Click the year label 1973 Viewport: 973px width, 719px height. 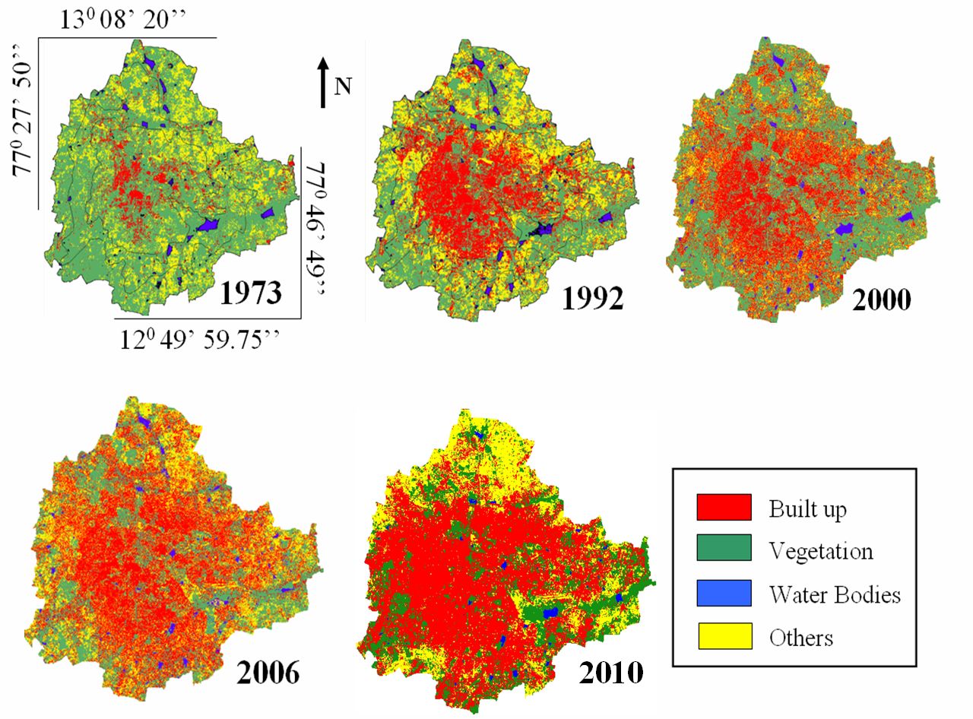[x=252, y=293]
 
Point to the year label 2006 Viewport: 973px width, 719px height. [x=268, y=672]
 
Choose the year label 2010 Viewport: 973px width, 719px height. [x=612, y=672]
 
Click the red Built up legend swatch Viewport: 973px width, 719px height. [x=724, y=507]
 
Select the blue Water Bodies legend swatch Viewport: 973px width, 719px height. [x=724, y=593]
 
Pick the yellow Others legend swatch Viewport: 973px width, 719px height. [x=724, y=636]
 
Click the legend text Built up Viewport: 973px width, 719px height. [x=807, y=508]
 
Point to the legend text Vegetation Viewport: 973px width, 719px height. [x=821, y=550]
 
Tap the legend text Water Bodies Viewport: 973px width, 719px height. [x=835, y=594]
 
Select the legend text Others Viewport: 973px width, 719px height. [x=801, y=637]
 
